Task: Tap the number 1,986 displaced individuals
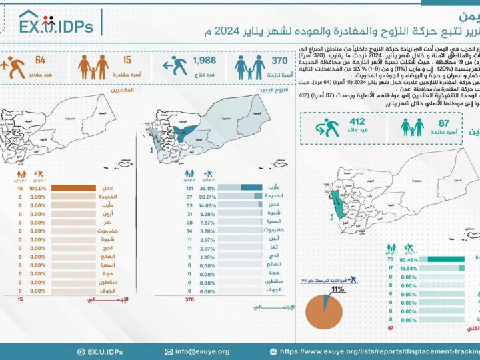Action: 204,61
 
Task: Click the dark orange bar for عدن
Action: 74,189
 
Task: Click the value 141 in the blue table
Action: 189,189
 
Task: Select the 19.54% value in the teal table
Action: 409,269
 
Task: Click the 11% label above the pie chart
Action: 337,290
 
